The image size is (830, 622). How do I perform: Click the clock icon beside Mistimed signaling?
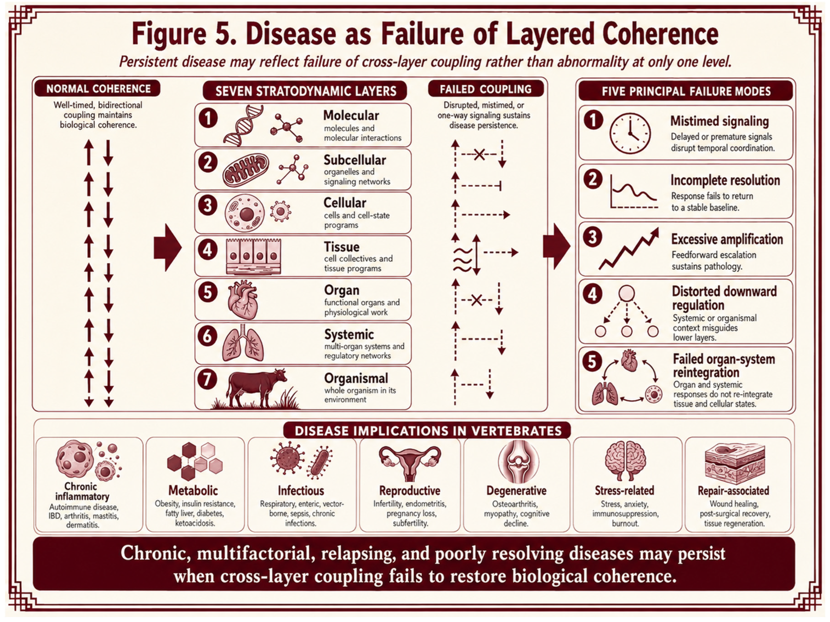[x=630, y=133]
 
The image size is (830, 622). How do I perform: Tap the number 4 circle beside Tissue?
[x=207, y=250]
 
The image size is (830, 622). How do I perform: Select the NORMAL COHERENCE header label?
[x=98, y=89]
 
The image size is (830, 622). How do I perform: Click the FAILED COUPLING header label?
[x=486, y=89]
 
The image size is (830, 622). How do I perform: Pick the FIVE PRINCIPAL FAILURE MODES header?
[x=686, y=91]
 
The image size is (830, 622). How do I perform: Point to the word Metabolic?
[x=193, y=490]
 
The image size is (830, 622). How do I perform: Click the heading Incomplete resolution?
[x=725, y=180]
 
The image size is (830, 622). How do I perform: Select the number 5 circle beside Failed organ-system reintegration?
[x=592, y=361]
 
